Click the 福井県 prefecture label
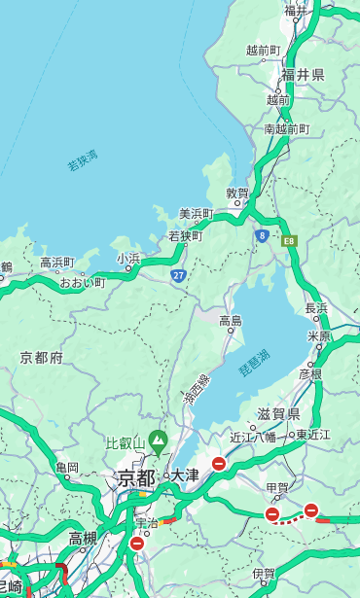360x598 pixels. [303, 75]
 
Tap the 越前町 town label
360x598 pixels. [263, 50]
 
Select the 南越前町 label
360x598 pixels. [286, 128]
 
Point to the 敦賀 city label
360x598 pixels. [237, 193]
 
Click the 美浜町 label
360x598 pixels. [196, 214]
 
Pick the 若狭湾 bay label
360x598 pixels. [83, 160]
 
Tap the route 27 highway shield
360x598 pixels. [179, 275]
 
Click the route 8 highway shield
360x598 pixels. [262, 235]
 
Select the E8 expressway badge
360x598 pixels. [289, 239]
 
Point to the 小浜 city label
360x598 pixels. [128, 258]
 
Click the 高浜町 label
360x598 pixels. [56, 263]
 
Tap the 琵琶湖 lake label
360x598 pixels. [254, 364]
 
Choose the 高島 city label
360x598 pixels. [231, 321]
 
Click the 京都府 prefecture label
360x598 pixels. [42, 358]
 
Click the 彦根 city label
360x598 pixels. [309, 372]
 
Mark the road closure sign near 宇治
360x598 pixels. [136, 544]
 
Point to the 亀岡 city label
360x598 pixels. [67, 468]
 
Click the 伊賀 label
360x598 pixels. [263, 574]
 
